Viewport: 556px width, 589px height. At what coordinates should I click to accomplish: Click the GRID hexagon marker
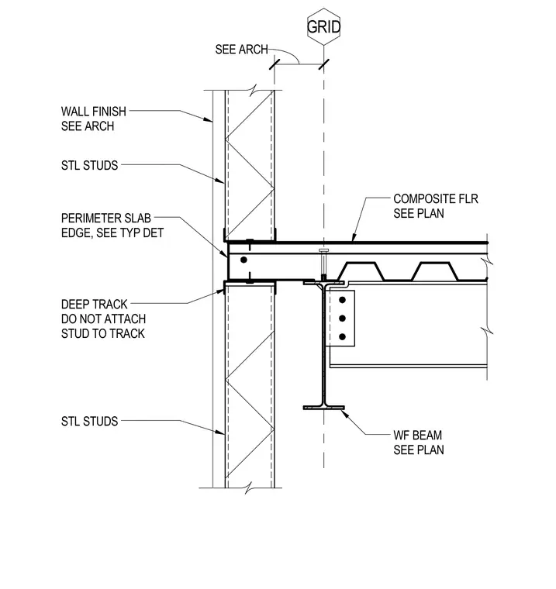point(323,26)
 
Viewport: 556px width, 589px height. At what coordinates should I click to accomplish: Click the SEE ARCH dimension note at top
point(241,49)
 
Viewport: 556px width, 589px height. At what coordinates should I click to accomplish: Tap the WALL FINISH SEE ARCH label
point(94,119)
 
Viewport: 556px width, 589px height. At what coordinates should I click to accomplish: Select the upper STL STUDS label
point(89,165)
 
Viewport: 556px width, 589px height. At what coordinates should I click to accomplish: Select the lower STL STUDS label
point(89,421)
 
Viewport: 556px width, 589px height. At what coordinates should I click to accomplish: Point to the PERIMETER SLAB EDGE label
point(112,226)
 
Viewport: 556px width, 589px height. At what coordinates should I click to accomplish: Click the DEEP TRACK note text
point(103,319)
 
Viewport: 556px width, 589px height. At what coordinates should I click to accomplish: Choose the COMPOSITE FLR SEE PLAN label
point(436,206)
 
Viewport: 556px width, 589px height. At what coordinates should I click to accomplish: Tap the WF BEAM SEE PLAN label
point(419,443)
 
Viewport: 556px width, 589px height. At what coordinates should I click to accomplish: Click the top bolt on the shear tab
point(342,300)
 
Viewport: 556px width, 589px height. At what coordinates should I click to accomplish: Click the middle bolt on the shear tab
point(342,319)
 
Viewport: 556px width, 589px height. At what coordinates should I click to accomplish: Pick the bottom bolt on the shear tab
point(342,336)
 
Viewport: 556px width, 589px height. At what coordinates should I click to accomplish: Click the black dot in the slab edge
point(243,260)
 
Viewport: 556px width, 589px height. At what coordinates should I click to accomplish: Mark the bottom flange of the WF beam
point(323,408)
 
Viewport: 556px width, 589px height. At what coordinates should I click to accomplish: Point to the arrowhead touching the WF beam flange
point(345,414)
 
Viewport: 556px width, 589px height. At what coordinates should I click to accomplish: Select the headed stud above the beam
point(323,265)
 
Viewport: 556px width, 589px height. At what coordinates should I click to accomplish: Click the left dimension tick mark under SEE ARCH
point(275,64)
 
